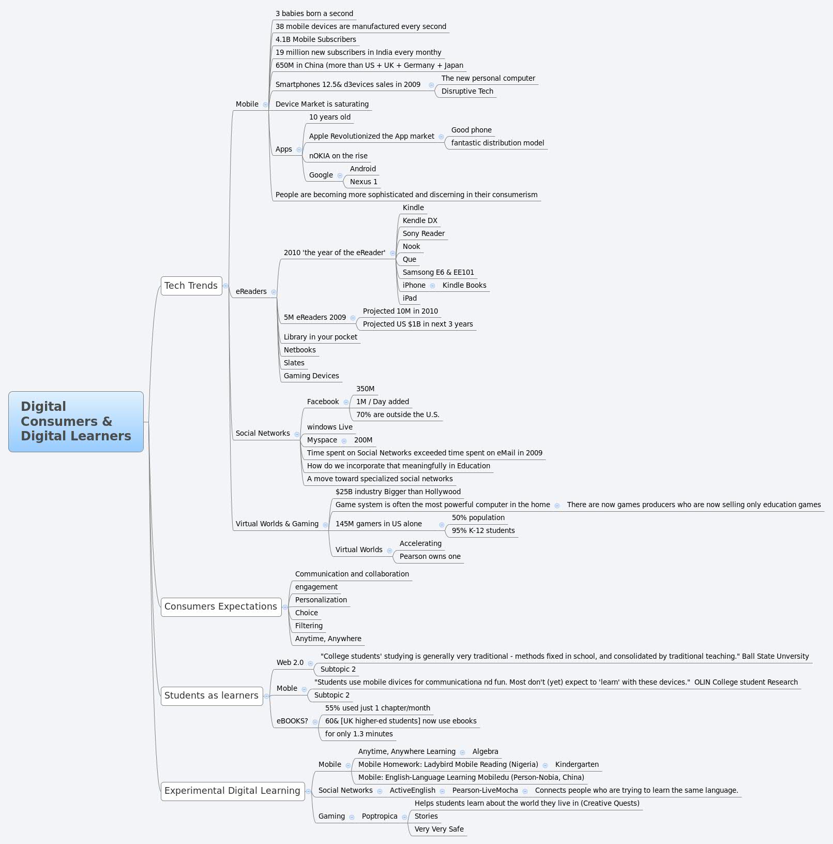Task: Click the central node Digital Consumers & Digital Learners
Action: (76, 421)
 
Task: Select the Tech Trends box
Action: (191, 286)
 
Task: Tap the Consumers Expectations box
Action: (221, 606)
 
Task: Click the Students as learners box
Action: (211, 695)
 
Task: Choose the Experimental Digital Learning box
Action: (232, 791)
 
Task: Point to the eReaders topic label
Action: (251, 291)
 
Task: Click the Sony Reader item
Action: (423, 233)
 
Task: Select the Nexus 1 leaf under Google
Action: (364, 182)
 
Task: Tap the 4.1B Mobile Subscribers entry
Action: (315, 39)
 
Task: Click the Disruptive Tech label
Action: (467, 91)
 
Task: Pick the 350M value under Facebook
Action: (365, 389)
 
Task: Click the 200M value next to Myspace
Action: (363, 440)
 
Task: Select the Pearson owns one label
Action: (430, 556)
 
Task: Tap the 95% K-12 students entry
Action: (483, 530)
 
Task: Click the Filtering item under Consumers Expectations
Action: (309, 626)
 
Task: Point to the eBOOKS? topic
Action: (292, 721)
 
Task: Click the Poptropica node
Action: (380, 816)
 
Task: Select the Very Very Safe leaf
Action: (439, 829)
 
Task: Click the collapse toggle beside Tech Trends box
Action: (225, 286)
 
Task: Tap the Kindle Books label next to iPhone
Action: (464, 285)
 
